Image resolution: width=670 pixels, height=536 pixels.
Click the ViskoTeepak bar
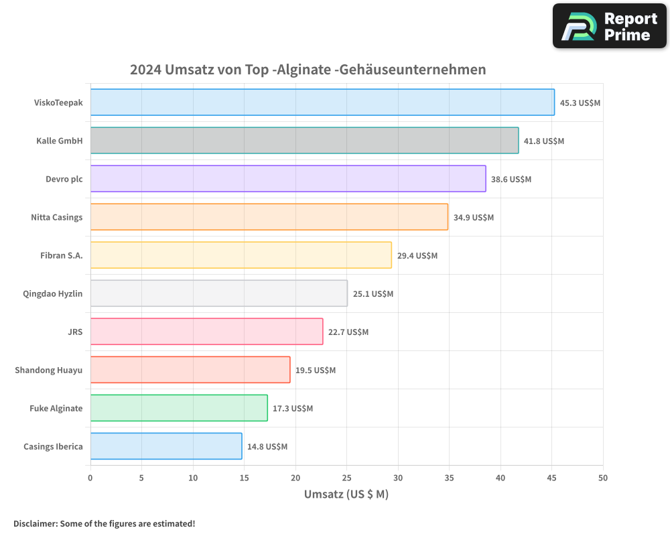pos(322,103)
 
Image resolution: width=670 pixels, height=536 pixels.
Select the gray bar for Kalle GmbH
pos(304,141)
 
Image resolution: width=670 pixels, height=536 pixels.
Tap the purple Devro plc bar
pos(288,179)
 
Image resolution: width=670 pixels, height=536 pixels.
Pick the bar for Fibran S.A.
pos(241,255)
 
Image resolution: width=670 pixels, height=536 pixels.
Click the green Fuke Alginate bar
pos(179,408)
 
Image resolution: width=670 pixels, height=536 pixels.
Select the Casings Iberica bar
pos(166,446)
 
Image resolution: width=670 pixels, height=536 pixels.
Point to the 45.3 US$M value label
pos(580,103)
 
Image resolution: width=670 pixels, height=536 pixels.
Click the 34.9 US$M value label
pos(473,218)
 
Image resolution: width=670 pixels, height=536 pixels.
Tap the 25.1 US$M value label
pos(373,294)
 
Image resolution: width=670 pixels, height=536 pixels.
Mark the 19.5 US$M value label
pos(316,371)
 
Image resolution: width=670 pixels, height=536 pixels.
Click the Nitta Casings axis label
pos(57,217)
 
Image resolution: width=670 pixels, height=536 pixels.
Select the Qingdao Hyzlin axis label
pos(53,293)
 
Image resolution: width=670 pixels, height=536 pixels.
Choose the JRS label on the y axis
pos(75,332)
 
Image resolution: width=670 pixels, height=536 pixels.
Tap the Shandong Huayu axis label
pos(49,370)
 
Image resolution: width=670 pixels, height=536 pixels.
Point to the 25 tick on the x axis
pos(346,478)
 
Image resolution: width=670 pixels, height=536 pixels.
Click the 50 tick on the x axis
pos(602,478)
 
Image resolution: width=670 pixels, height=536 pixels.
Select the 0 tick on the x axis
pos(90,478)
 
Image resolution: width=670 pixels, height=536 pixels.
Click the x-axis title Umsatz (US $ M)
pos(346,494)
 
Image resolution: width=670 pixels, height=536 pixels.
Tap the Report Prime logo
pos(609,26)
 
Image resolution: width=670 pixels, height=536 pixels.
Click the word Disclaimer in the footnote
pos(34,523)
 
